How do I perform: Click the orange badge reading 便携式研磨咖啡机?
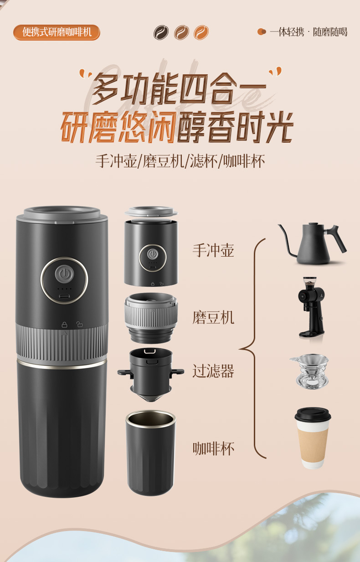57,32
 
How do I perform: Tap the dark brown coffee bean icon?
161,32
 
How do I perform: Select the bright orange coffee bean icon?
201,32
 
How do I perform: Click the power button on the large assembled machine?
64,274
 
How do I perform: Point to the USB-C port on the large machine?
64,296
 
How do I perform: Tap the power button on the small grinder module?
152,254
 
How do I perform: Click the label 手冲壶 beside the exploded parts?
213,250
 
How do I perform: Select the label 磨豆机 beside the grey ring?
213,317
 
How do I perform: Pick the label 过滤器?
213,371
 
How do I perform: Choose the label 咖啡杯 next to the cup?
213,449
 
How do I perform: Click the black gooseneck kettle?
312,243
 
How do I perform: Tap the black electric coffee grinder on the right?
312,307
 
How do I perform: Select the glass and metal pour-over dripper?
310,371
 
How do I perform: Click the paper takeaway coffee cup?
313,438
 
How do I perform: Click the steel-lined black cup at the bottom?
150,453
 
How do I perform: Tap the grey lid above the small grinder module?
151,211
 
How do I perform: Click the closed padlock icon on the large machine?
64,325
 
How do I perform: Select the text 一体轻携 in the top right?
287,32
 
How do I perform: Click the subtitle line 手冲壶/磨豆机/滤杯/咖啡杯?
180,161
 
